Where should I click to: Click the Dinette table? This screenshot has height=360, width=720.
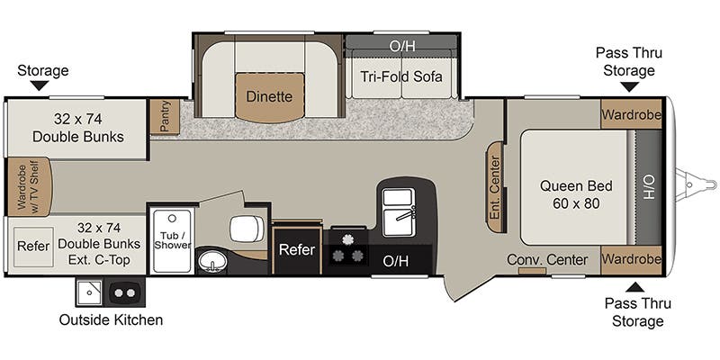pos(269,96)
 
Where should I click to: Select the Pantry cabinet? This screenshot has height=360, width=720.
pos(165,118)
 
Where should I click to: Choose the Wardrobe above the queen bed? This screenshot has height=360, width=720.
pos(632,115)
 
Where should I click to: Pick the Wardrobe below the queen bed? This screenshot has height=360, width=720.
pos(632,259)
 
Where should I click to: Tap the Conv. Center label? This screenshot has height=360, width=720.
pos(547,260)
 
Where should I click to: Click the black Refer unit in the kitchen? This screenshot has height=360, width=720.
pos(296,249)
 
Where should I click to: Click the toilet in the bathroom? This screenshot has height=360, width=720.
pos(245,229)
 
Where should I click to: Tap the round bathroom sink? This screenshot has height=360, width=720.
pos(213,261)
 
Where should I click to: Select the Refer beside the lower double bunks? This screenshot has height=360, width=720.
pos(33,245)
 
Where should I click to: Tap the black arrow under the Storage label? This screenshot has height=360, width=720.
pos(40,85)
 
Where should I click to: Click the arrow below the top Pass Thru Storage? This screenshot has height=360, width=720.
pos(629,86)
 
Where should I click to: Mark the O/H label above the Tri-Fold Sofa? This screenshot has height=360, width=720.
pos(401,45)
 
